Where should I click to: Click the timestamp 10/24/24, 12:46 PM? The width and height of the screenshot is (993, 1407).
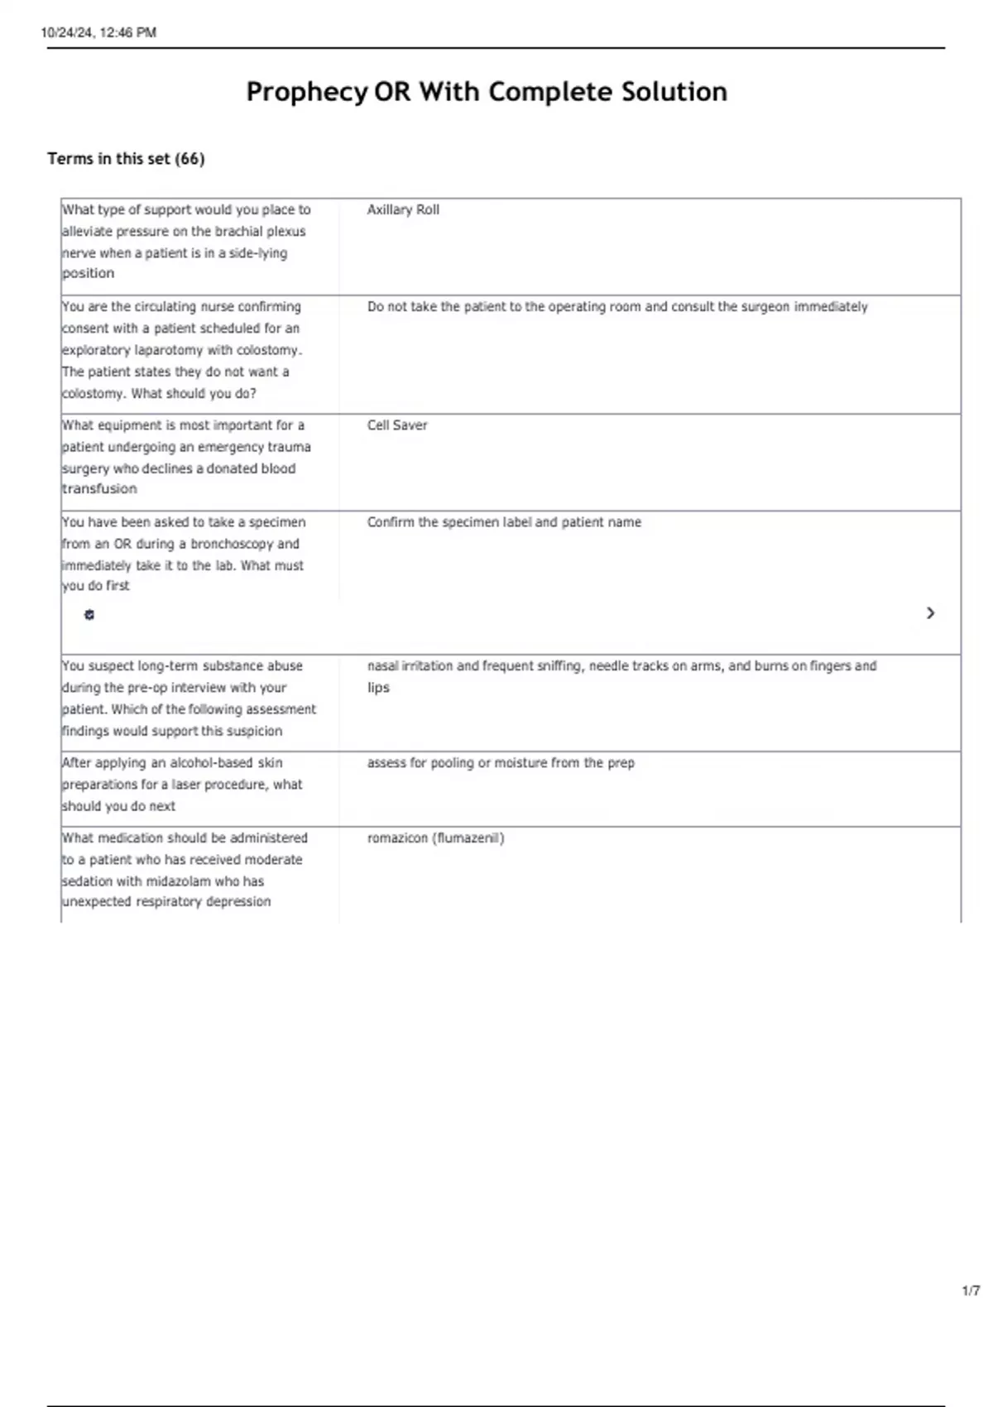pyautogui.click(x=98, y=32)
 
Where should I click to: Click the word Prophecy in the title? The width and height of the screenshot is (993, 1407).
pyautogui.click(x=306, y=91)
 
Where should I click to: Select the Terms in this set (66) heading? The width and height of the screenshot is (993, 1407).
pyautogui.click(x=126, y=158)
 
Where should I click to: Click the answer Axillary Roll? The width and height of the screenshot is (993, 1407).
pyautogui.click(x=403, y=209)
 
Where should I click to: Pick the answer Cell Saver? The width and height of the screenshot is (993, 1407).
pyautogui.click(x=397, y=425)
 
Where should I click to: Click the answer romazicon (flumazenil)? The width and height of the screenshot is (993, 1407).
pyautogui.click(x=435, y=838)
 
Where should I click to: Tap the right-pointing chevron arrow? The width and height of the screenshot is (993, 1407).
pyautogui.click(x=930, y=612)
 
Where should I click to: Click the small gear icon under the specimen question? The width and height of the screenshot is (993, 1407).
pyautogui.click(x=89, y=614)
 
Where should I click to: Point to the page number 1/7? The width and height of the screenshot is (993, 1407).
pyautogui.click(x=971, y=1290)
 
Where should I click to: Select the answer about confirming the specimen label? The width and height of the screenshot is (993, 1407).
pyautogui.click(x=504, y=521)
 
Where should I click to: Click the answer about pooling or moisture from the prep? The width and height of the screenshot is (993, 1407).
pyautogui.click(x=501, y=762)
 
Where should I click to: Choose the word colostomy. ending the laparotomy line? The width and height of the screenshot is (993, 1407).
pyautogui.click(x=270, y=350)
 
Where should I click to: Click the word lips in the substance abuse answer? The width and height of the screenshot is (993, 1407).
pyautogui.click(x=378, y=687)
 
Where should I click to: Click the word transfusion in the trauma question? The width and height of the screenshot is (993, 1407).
pyautogui.click(x=99, y=488)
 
